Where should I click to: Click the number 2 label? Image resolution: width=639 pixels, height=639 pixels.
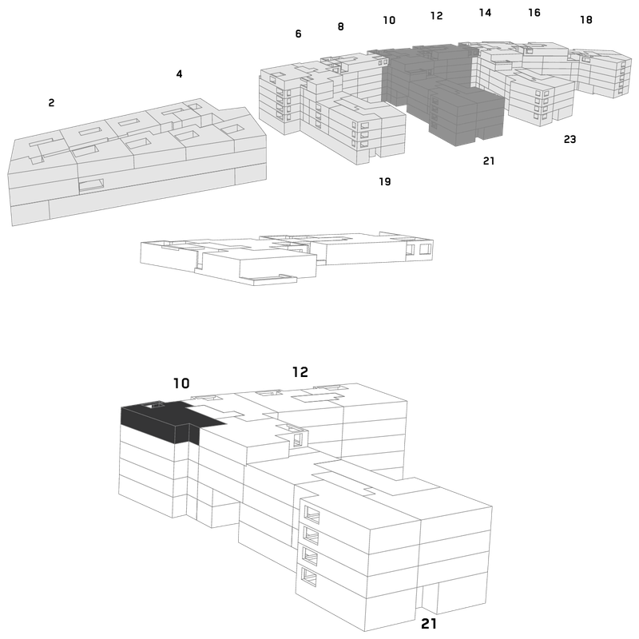click(51, 103)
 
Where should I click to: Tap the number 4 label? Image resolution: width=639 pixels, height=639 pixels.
click(179, 73)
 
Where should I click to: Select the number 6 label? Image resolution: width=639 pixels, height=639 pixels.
click(298, 34)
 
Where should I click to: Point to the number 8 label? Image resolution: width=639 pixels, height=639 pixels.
click(341, 27)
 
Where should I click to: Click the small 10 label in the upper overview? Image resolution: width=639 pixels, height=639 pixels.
click(389, 20)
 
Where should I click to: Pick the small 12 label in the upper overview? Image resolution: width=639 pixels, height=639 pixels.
click(436, 16)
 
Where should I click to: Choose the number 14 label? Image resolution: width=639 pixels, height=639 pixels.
click(485, 13)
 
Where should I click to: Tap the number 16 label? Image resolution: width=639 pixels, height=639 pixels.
click(534, 13)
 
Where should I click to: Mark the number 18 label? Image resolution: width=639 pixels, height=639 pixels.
click(586, 19)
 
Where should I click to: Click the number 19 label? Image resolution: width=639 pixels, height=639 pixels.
click(385, 182)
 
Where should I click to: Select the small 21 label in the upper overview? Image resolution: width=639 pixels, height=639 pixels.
click(489, 161)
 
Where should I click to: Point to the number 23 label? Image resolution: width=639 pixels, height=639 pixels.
click(570, 139)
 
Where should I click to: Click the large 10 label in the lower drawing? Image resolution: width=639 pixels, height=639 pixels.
click(181, 383)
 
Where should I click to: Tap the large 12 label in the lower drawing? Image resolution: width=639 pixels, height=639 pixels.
click(300, 372)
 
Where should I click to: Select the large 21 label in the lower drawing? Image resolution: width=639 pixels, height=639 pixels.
click(429, 624)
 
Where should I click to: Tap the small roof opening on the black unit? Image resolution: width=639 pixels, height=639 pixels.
click(155, 405)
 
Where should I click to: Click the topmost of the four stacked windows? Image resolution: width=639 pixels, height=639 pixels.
click(312, 515)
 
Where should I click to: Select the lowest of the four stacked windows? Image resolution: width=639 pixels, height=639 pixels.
click(309, 577)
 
